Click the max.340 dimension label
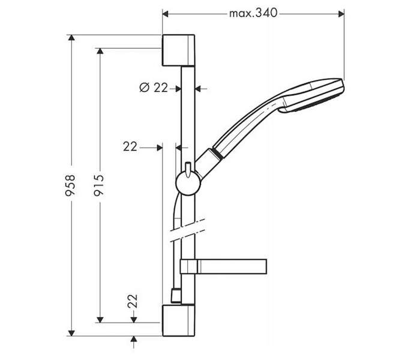pos(253,13)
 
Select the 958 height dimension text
pos(70,185)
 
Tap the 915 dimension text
pos(99,185)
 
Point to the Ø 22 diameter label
pos(154,88)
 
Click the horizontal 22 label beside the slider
pos(130,146)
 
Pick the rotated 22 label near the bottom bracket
pos(133,301)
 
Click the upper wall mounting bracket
pos(179,50)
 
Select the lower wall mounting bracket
pos(179,320)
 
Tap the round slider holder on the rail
pos(188,183)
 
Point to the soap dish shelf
pos(223,266)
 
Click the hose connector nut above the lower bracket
pos(176,295)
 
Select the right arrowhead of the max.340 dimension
pos(341,14)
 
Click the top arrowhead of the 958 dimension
pos(71,37)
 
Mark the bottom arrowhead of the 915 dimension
pos(100,320)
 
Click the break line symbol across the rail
pos(187,230)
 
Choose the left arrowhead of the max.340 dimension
pos(165,14)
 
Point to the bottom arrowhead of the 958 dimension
pos(71,333)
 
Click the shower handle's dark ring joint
pos(218,154)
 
